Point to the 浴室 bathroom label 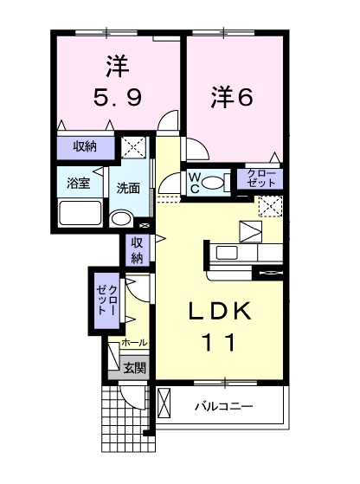pyautogui.click(x=78, y=184)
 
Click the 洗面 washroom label pyautogui.click(x=129, y=187)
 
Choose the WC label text pyautogui.click(x=196, y=181)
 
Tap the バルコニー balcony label pyautogui.click(x=222, y=405)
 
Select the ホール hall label pyautogui.click(x=134, y=343)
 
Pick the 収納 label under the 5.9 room pyautogui.click(x=84, y=146)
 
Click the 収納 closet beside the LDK pyautogui.click(x=137, y=250)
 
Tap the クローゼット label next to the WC pyautogui.click(x=260, y=179)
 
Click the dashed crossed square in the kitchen pyautogui.click(x=272, y=207)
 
